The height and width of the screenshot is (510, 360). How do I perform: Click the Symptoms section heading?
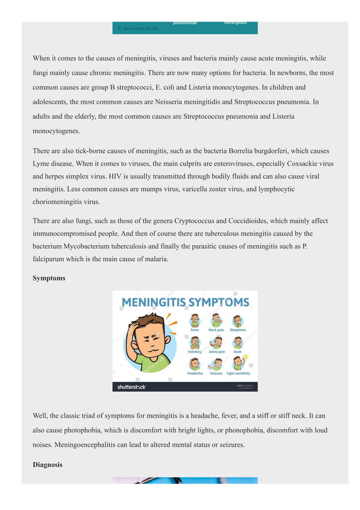tap(49, 278)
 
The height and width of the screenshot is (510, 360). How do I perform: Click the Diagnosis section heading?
tap(47, 465)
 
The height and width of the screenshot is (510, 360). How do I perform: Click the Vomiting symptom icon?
tap(195, 342)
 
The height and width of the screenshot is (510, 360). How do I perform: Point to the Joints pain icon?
tap(216, 342)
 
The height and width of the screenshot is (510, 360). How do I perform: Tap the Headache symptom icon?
tap(195, 364)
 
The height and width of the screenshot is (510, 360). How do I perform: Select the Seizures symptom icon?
tap(216, 364)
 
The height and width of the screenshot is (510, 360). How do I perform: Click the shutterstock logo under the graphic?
tap(131, 387)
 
